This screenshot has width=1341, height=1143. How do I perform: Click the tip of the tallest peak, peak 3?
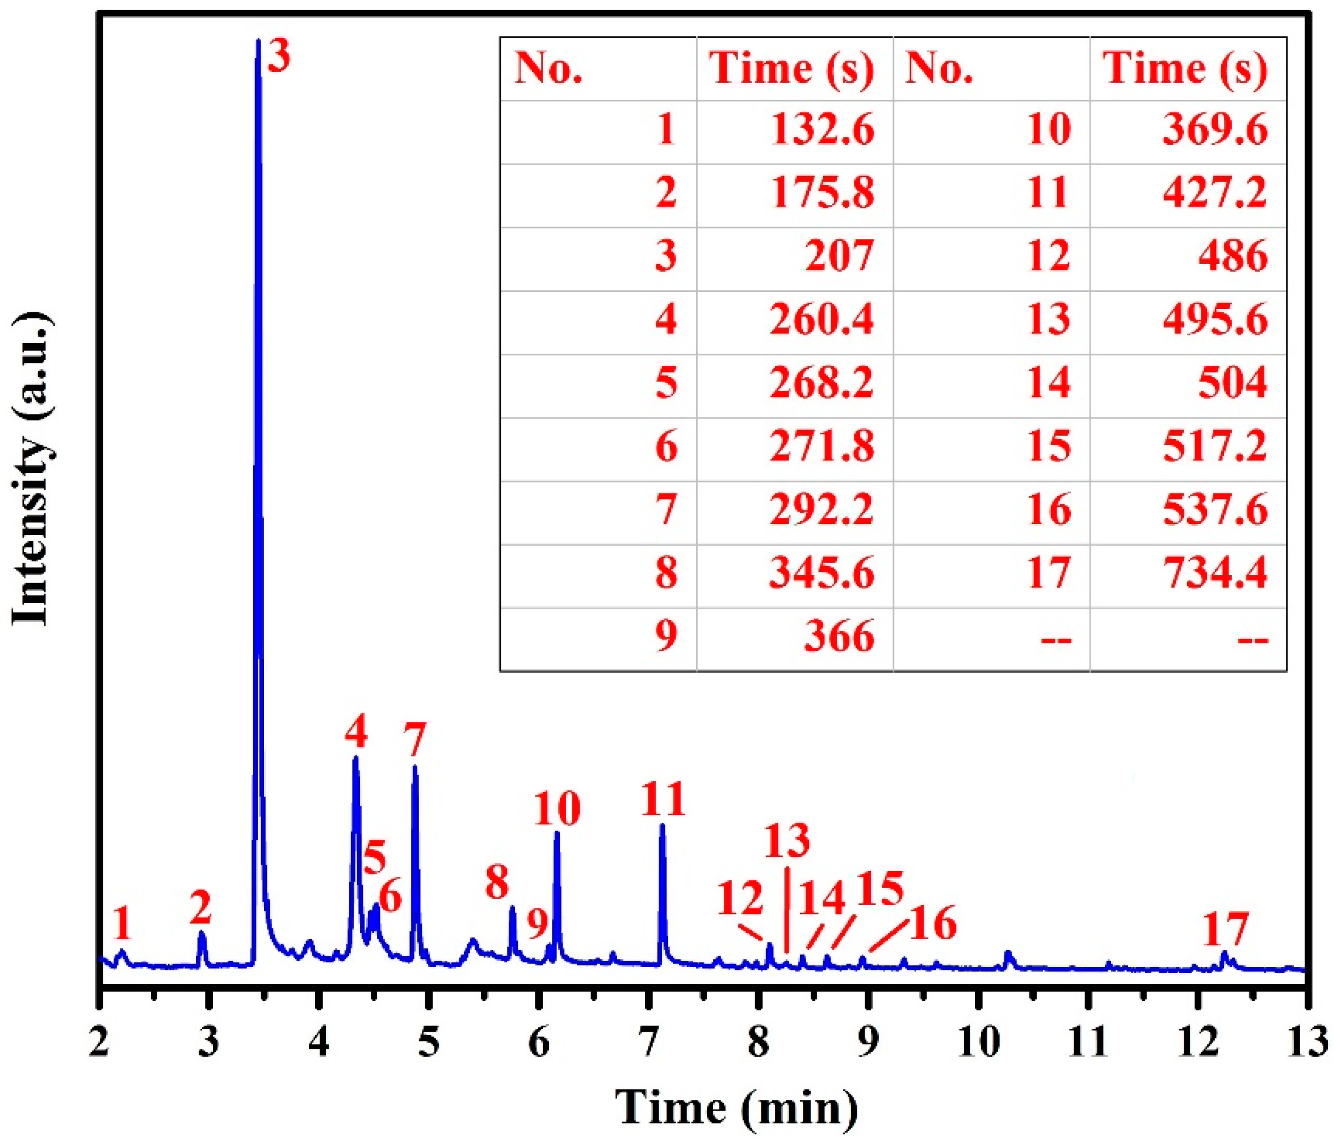258,41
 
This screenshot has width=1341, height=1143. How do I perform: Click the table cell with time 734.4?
1215,573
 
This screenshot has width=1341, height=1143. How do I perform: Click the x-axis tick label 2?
99,1044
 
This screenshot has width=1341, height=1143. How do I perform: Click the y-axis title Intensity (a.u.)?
31,469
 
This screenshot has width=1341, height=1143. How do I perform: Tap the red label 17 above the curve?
1225,930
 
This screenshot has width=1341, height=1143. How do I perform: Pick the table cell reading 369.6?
1215,130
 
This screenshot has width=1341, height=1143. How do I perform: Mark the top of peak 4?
355,757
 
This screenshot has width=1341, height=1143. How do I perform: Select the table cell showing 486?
1232,256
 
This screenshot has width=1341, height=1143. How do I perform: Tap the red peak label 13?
787,841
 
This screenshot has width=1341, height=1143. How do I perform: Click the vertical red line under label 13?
786,910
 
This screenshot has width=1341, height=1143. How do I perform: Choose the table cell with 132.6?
822,130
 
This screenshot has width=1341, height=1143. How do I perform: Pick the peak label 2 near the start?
200,908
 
